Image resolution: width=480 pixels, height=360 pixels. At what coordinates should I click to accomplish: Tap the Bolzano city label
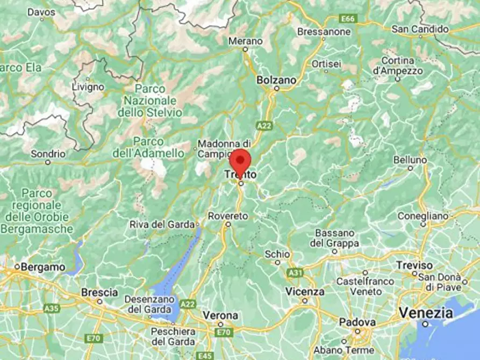click(x=276, y=80)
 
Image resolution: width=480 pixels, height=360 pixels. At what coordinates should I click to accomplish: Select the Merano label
click(x=245, y=41)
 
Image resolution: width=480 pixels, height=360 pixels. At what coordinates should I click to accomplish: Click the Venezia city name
click(x=422, y=313)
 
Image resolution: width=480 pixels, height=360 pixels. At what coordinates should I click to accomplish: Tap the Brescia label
click(x=99, y=293)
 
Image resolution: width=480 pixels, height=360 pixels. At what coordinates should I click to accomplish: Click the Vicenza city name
click(x=305, y=292)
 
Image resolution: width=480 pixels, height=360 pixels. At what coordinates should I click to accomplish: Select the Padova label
click(x=356, y=322)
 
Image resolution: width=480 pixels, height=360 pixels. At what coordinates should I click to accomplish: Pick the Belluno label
click(x=410, y=160)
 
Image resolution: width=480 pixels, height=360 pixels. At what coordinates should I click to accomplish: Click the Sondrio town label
click(x=48, y=154)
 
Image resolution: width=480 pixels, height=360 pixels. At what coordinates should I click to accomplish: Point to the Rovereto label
click(x=228, y=215)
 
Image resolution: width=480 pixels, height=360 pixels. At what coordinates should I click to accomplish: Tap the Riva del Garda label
click(x=161, y=225)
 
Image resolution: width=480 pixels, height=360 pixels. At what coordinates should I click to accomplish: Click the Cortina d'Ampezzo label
click(x=397, y=65)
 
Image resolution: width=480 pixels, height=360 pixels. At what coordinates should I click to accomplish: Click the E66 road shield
click(x=348, y=19)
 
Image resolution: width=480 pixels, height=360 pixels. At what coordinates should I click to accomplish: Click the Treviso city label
click(x=414, y=265)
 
